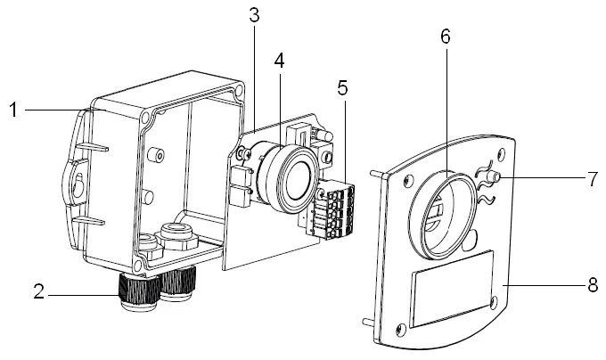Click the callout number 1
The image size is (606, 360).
point(13,110)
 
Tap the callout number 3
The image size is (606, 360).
point(255,14)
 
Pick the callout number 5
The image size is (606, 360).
point(342,88)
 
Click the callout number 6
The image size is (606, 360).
point(445,37)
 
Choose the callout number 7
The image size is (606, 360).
point(592,177)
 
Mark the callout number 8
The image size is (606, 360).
point(592,286)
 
